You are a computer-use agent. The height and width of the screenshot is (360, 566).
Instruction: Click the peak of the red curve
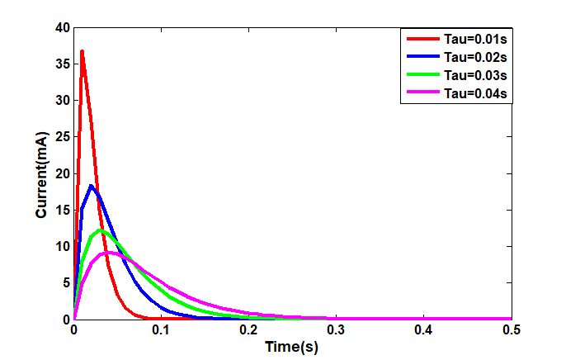(82, 51)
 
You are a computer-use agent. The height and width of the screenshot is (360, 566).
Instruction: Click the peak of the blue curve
(92, 186)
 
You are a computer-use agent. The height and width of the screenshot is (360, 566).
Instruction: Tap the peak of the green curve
(101, 230)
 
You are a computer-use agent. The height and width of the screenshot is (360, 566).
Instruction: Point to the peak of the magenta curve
(110, 253)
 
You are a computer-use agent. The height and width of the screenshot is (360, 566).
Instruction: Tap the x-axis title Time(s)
(291, 347)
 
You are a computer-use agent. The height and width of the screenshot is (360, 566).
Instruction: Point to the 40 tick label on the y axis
(62, 27)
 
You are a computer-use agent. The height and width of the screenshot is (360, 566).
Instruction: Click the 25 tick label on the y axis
(62, 136)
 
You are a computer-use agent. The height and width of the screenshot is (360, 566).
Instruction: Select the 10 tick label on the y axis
(62, 246)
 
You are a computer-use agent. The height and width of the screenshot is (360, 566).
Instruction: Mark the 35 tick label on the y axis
(62, 64)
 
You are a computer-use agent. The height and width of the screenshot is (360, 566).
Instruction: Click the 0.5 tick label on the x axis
(511, 330)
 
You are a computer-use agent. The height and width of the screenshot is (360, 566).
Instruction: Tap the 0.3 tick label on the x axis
(336, 330)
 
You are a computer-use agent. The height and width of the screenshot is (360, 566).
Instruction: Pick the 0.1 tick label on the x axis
(161, 330)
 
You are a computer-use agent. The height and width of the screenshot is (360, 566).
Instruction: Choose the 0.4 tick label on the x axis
(423, 330)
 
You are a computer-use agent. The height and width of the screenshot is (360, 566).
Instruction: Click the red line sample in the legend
(421, 38)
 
